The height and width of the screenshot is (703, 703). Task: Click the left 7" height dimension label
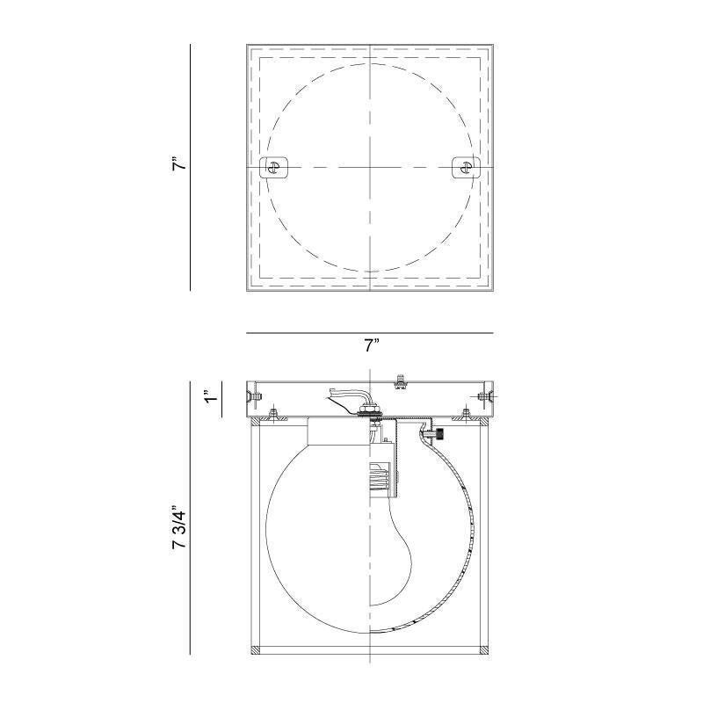[x=178, y=165]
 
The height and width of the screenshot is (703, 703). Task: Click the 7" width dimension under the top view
[x=370, y=346]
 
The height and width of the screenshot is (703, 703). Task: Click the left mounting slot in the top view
[x=276, y=167]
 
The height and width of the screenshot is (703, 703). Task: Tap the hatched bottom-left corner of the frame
[x=257, y=651]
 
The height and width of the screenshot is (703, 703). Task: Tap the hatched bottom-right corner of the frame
[x=483, y=651]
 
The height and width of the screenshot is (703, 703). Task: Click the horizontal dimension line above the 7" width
[x=370, y=333]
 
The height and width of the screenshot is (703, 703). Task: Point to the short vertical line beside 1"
[x=219, y=397]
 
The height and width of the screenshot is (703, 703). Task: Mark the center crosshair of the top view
[x=370, y=167]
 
